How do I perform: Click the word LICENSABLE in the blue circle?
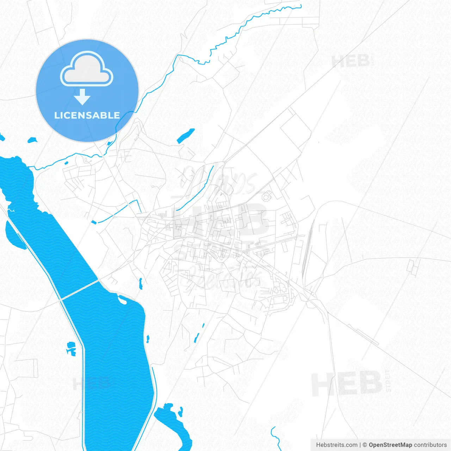pyautogui.click(x=87, y=115)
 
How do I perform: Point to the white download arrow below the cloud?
pyautogui.click(x=82, y=97)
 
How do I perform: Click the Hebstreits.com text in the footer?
pyautogui.click(x=336, y=445)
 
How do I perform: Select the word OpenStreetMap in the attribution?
pyautogui.click(x=390, y=445)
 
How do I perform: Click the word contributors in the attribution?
pyautogui.click(x=430, y=445)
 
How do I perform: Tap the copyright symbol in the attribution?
pyautogui.click(x=365, y=445)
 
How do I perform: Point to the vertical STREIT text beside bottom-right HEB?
pyautogui.click(x=388, y=381)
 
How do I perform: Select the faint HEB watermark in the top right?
pyautogui.click(x=351, y=61)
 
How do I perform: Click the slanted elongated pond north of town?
pyautogui.click(x=186, y=136)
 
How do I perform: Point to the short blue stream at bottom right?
pyautogui.click(x=275, y=437)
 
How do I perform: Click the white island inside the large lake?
pyautogui.click(x=122, y=300)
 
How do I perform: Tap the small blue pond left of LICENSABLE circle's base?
pyautogui.click(x=32, y=140)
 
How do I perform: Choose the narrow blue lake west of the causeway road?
pyautogui.click(x=14, y=234)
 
